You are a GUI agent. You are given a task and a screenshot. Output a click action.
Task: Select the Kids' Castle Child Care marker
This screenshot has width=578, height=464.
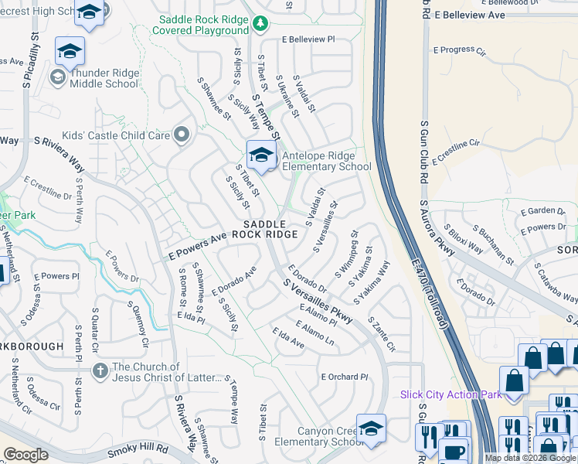coord(182,135)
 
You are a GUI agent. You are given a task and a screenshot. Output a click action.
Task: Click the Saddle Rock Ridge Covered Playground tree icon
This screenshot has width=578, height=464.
coord(261,23)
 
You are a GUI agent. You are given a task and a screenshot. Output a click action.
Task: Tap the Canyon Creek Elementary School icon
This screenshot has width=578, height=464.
coord(371,428)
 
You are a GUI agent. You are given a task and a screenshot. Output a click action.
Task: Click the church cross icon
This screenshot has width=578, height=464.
coord(100,371)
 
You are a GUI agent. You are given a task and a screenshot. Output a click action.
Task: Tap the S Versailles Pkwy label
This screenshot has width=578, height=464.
coord(318,301)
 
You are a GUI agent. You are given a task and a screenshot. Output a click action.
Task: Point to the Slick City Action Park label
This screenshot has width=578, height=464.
coord(450,394)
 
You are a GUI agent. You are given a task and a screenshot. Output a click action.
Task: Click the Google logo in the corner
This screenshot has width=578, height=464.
coord(25,455)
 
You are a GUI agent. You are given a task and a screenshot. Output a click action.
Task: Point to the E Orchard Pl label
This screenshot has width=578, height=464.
coord(345,377)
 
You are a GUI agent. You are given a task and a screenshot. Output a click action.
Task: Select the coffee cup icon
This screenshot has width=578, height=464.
coord(455,451)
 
